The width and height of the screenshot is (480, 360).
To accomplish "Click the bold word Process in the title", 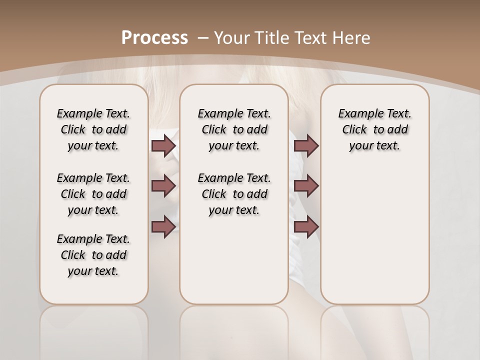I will tap(155, 37).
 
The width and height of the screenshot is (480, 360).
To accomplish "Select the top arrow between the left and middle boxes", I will tap(163, 146).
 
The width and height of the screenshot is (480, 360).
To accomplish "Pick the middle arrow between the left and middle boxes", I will tap(163, 186).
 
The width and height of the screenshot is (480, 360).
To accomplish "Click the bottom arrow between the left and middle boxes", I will tap(163, 226).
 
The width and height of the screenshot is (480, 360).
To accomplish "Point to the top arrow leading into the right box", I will tap(306, 146).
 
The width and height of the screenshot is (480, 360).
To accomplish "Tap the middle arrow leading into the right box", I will tap(306, 186).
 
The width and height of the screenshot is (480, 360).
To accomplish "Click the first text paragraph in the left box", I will tap(93, 129).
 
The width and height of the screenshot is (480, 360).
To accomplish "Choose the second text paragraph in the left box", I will tap(93, 194).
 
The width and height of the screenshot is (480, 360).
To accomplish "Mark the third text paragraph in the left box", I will tap(93, 255).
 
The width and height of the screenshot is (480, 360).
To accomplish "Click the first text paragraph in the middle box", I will tap(234, 129).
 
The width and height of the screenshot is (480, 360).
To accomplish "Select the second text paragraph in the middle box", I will tap(234, 194).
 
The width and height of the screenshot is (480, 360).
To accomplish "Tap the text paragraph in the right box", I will tap(374, 129).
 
